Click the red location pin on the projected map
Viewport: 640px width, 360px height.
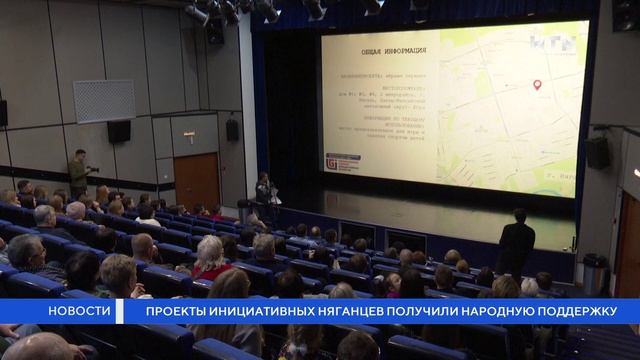(x=537, y=85)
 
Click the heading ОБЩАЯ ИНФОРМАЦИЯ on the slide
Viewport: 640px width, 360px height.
(x=389, y=51)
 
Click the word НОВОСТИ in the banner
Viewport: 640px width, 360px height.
(x=81, y=312)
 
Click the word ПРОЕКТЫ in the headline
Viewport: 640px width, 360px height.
(x=175, y=312)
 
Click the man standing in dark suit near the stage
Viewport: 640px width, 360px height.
(x=515, y=245)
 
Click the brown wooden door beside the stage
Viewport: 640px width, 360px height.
(x=196, y=180)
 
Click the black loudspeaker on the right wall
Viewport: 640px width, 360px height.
(x=597, y=152)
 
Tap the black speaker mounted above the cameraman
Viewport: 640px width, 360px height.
(x=119, y=131)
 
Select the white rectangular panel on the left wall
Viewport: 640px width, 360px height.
(x=103, y=100)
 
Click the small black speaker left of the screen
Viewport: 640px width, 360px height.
(x=232, y=129)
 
